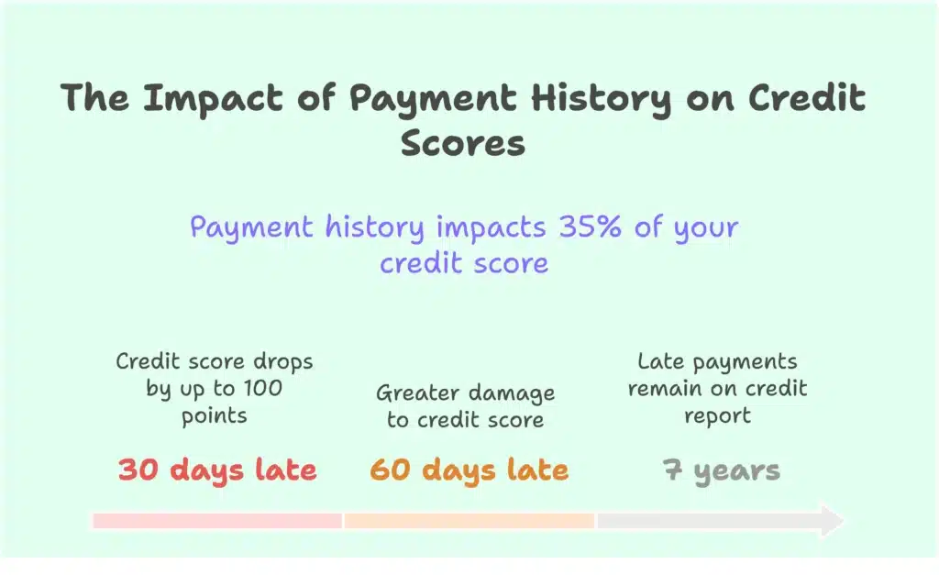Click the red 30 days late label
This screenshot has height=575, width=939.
coord(217,470)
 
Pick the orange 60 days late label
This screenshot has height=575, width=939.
coord(469,470)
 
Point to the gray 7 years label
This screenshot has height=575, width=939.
coord(722,471)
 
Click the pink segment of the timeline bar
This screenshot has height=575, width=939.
coord(217,521)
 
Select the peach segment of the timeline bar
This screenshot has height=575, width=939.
coord(469,521)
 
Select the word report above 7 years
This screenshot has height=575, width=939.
coord(718,415)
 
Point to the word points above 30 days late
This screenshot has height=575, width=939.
coord(214,415)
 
